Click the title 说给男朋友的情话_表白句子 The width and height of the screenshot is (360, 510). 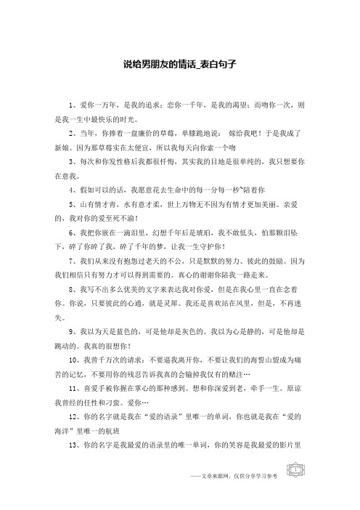(180, 65)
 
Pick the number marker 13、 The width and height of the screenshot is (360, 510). (73, 463)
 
